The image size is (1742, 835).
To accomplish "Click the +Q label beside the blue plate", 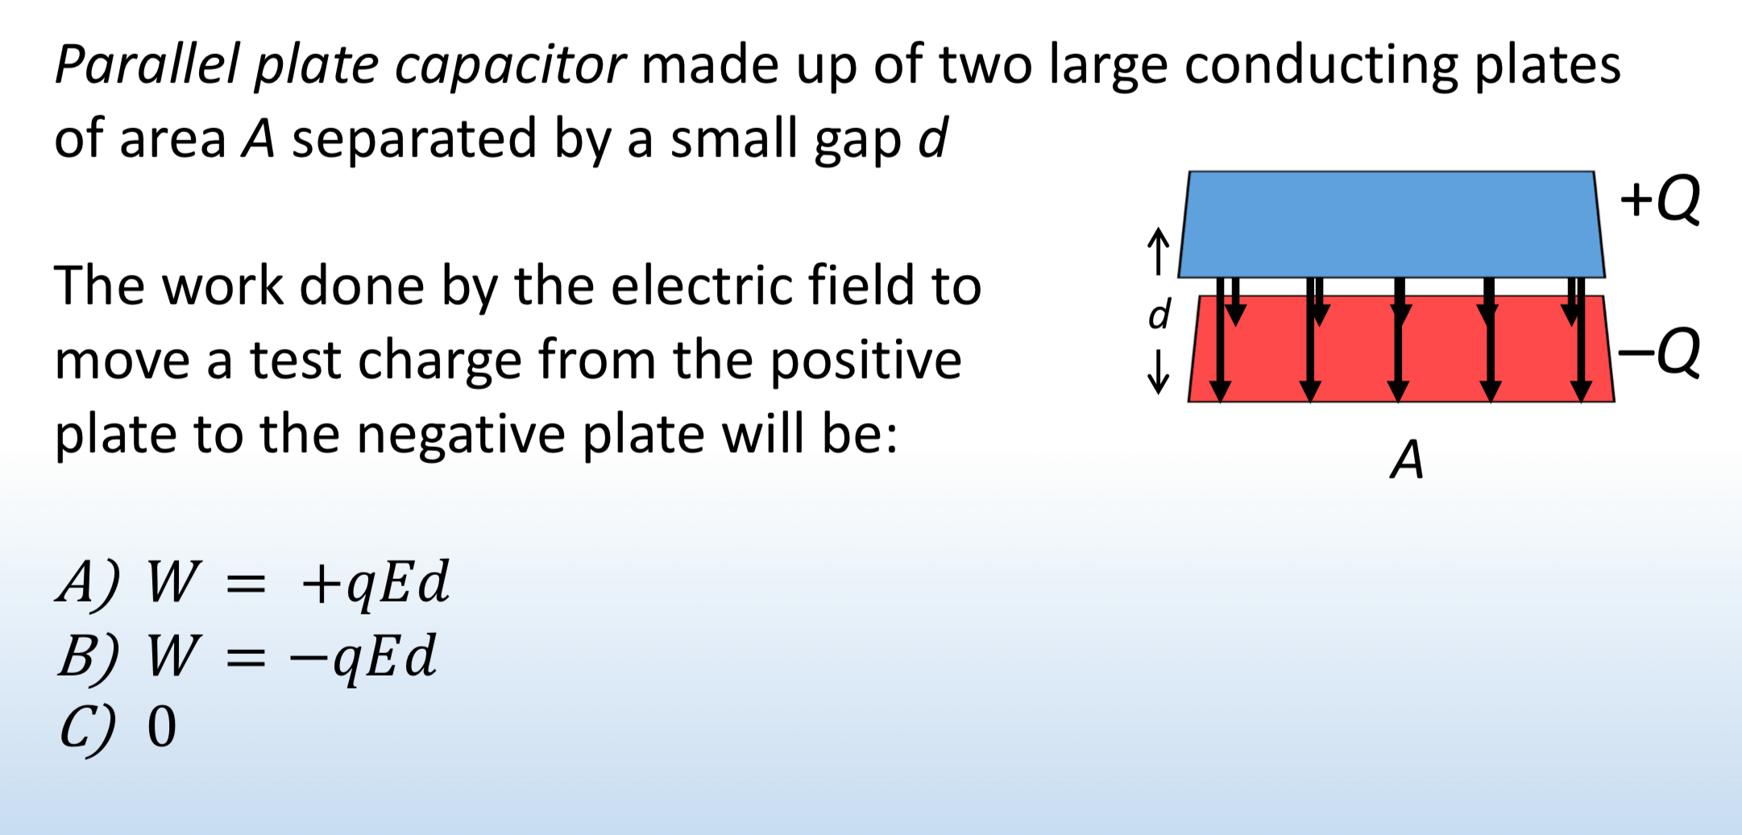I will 1660,199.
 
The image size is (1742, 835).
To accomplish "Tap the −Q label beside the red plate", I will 1660,352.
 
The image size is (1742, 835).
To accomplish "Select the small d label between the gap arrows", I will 1159,314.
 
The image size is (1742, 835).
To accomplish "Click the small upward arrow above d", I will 1158,250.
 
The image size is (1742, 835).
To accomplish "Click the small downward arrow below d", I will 1159,372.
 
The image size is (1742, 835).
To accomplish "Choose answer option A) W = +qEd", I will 253,581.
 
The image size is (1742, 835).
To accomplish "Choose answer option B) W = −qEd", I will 247,655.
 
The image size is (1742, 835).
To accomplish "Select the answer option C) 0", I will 118,727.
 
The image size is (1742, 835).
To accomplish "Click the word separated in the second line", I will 413,138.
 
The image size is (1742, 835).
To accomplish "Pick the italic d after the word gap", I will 933,138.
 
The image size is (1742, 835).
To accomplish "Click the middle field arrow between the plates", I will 1399,338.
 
